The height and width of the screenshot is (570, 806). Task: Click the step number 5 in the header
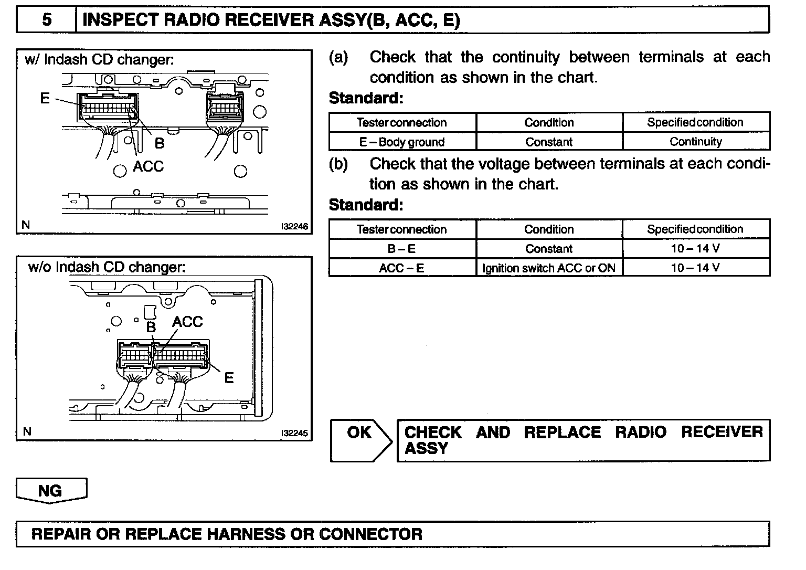(47, 20)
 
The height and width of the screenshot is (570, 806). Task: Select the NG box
(50, 490)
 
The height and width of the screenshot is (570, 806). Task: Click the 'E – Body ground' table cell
(402, 142)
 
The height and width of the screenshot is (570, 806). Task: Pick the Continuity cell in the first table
(696, 142)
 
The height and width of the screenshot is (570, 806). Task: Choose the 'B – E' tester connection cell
(402, 249)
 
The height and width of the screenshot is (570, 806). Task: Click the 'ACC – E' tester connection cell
(402, 268)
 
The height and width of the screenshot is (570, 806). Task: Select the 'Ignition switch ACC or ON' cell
(549, 268)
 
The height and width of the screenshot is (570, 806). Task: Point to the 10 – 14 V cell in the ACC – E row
(696, 268)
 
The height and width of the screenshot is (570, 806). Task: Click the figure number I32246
(294, 227)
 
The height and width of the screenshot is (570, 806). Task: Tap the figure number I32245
(294, 434)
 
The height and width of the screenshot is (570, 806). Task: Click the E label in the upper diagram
(45, 98)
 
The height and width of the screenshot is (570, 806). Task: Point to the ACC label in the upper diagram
(148, 166)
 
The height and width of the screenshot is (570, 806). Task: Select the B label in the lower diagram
(151, 327)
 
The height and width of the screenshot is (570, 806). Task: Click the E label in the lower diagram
(229, 377)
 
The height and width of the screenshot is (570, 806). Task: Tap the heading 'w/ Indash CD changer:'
(99, 59)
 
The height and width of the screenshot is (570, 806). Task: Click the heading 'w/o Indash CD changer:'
(107, 267)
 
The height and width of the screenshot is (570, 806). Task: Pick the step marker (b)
(338, 164)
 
